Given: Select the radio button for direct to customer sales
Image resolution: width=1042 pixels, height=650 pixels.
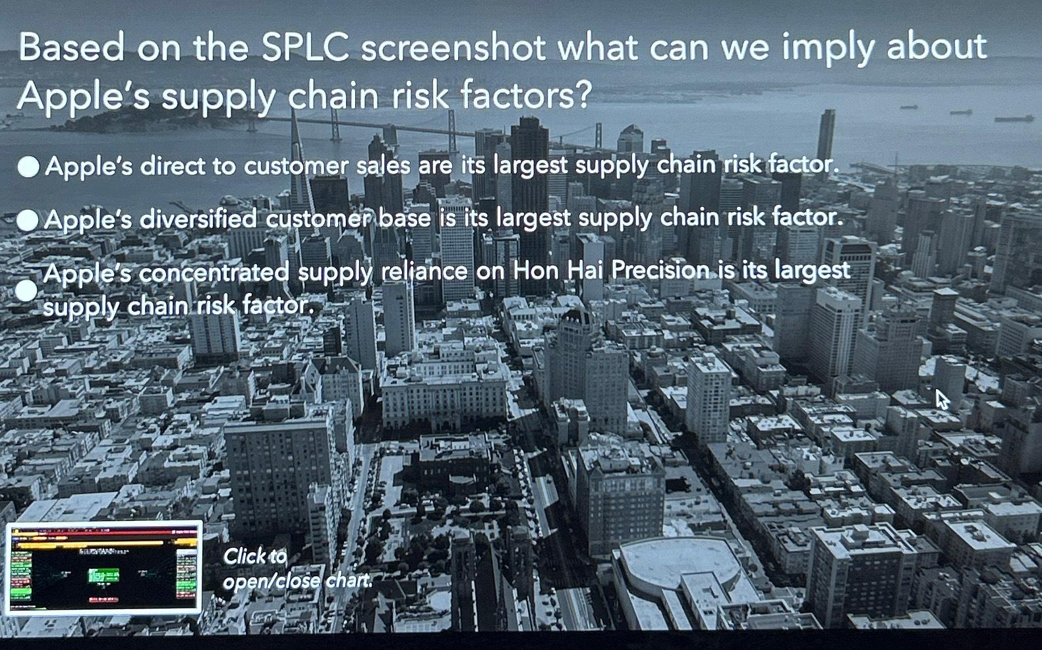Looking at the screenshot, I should (x=28, y=167).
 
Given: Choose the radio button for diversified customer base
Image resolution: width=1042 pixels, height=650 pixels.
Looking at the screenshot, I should (x=28, y=220).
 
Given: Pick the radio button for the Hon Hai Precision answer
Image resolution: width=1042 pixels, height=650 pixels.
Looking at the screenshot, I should (x=26, y=290).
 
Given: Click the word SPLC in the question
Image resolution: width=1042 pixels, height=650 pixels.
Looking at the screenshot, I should (x=304, y=47).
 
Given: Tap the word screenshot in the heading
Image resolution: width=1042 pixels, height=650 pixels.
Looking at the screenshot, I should (x=453, y=47).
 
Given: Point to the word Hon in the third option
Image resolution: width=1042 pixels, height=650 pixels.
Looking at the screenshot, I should (x=535, y=271).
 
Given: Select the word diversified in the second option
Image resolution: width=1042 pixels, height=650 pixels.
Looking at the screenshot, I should (x=198, y=219).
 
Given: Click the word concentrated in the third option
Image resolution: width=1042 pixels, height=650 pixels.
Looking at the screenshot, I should (x=214, y=272).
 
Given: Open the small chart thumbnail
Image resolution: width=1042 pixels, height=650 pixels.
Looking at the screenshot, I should (x=103, y=568).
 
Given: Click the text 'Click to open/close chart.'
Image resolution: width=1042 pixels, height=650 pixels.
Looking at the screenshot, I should (x=297, y=568).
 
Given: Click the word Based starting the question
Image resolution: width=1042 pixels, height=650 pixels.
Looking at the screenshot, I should (x=71, y=47).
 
